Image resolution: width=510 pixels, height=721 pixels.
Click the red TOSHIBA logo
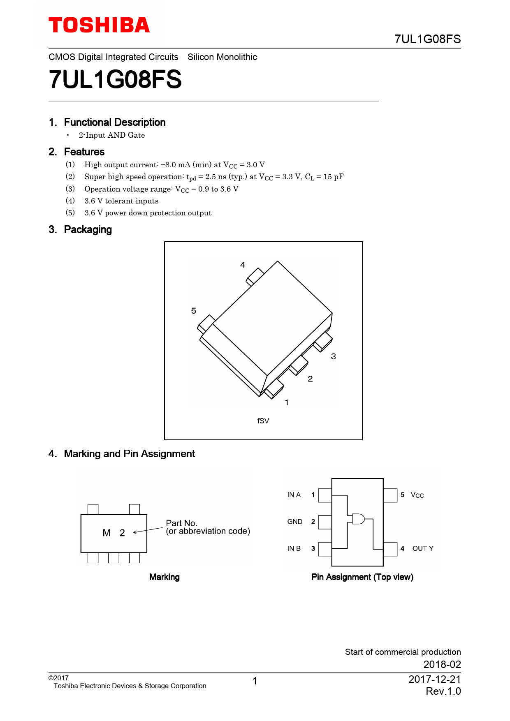pos(99,25)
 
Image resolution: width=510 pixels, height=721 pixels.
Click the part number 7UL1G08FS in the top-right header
pos(427,39)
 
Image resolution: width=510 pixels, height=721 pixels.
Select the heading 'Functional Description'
pos(115,122)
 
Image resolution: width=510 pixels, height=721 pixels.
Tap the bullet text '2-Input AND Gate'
pos(111,135)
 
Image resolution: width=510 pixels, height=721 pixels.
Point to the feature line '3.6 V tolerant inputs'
pos(121,201)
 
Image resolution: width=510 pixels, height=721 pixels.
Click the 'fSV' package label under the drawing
pos(263,421)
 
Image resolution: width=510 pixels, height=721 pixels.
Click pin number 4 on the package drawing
pos(243,265)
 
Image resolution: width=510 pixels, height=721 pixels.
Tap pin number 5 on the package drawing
pos(194,311)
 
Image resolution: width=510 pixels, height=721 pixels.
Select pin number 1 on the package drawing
pos(287,402)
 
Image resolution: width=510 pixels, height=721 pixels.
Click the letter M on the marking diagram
pos(107,533)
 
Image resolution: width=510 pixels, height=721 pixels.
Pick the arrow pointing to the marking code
pos(147,530)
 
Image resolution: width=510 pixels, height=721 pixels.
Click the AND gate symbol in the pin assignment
pos(358,519)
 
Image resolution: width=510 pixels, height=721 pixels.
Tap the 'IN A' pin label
pos(294,495)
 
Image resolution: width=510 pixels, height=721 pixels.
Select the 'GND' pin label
pos(294,522)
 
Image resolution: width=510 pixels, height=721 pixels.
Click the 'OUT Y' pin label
pos(423,548)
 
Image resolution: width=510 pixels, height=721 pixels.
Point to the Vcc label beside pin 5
pos(417,495)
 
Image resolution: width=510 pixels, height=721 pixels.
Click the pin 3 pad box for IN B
pos(325,549)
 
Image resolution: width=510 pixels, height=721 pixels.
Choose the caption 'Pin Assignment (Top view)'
pos(362,577)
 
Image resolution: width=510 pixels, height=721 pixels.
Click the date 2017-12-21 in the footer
pos(434,679)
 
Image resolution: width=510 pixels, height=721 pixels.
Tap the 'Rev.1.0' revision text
pos(443,691)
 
